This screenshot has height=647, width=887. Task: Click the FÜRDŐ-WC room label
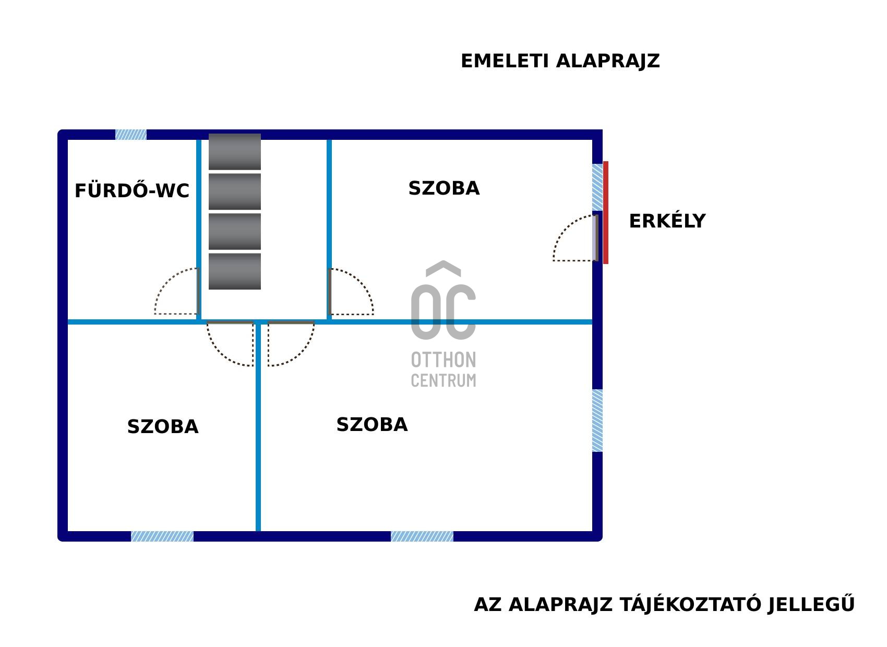(x=131, y=190)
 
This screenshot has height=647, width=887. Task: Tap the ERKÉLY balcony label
(x=667, y=221)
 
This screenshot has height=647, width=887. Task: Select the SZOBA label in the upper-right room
(x=443, y=188)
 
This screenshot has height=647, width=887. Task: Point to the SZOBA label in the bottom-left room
(x=163, y=427)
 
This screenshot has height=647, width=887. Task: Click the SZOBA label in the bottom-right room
(x=371, y=425)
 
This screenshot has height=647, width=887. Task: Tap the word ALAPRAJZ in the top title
(x=608, y=61)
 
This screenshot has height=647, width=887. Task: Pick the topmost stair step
(x=235, y=152)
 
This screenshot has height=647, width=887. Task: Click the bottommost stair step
(x=235, y=271)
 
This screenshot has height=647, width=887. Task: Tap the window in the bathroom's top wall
(x=131, y=135)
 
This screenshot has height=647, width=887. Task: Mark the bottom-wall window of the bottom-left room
(x=162, y=536)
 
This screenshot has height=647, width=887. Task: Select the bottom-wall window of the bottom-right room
(x=422, y=536)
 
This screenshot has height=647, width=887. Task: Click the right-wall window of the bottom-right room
(x=597, y=421)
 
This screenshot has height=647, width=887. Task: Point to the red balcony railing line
(x=606, y=213)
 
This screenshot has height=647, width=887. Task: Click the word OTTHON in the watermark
(x=443, y=360)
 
